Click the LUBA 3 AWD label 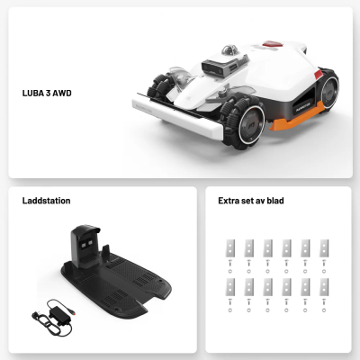pos(47,93)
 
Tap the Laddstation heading pos(46,201)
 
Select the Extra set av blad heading pos(251,201)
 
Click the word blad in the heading pos(275,201)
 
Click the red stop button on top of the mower pos(273,44)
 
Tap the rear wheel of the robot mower pos(328,90)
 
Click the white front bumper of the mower pos(177,115)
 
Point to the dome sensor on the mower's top pos(229,49)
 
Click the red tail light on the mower pos(318,75)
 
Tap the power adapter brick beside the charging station pos(60,316)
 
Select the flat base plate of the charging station pos(116,286)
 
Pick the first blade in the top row pos(230,248)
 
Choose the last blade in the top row pos(324,248)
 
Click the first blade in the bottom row pos(230,287)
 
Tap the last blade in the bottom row pos(324,287)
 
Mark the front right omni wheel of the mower pos(242,122)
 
